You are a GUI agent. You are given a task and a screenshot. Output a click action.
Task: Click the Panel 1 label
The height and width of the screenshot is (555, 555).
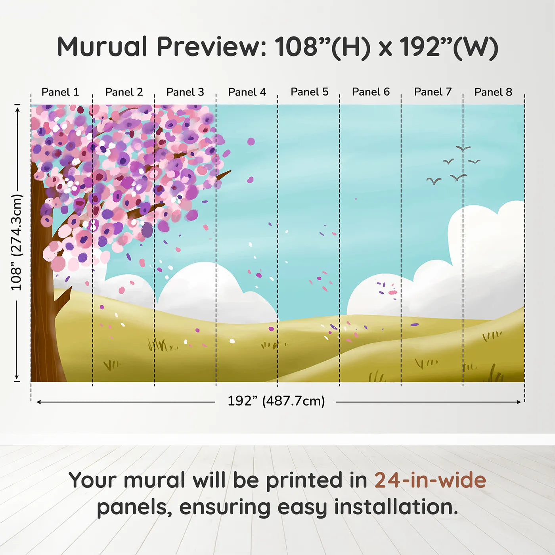[60, 92]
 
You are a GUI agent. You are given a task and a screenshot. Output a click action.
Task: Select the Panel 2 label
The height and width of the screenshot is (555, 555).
[124, 92]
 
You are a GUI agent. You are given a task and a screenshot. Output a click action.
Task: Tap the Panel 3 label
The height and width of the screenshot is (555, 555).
[185, 92]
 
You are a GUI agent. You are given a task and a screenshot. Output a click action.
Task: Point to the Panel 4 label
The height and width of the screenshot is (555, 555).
[247, 92]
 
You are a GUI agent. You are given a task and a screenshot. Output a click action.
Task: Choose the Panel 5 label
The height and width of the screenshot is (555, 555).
[309, 92]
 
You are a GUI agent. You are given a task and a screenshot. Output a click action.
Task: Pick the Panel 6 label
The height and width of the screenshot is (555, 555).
[371, 92]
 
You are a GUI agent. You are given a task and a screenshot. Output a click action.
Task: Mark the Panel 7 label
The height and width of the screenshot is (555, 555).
[433, 92]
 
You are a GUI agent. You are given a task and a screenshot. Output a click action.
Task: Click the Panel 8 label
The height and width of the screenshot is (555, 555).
[493, 92]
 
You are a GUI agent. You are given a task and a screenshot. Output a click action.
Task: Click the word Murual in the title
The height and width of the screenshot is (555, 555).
[102, 47]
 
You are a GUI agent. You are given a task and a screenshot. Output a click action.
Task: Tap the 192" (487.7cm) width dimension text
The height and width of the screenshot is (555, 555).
[276, 401]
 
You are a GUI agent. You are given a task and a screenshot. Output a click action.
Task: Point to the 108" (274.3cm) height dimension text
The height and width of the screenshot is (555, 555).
[16, 242]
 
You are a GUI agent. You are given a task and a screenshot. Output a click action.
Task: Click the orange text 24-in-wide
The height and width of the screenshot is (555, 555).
[430, 480]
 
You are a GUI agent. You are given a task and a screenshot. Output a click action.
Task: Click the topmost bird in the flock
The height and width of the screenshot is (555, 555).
[463, 149]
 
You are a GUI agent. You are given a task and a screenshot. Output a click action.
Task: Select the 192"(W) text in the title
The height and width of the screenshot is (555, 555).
[448, 47]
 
